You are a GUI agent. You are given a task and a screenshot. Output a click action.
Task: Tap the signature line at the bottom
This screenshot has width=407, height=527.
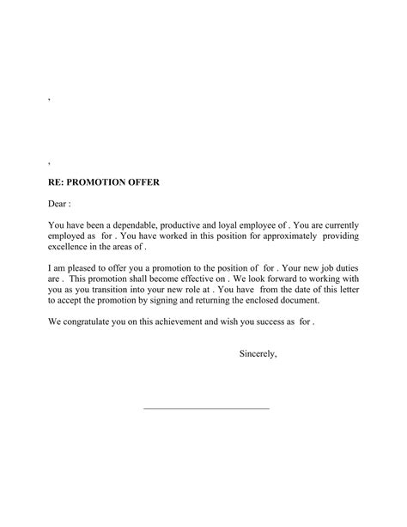pos(205,408)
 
